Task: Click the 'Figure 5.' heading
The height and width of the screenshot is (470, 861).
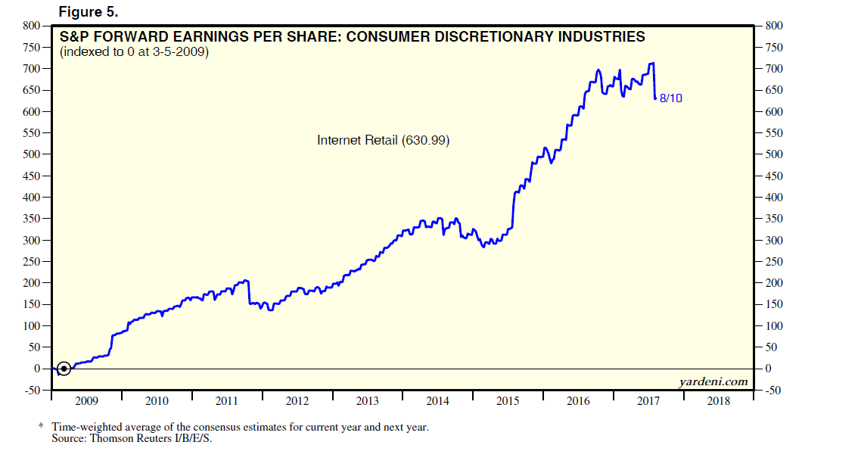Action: (x=88, y=12)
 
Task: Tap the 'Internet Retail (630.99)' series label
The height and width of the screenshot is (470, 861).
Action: (x=383, y=140)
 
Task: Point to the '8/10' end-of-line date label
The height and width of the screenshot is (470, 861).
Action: (x=670, y=98)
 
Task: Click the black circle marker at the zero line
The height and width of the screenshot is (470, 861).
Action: (x=64, y=369)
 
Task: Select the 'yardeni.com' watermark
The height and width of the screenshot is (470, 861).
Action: (x=713, y=381)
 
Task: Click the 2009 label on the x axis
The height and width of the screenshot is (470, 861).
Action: (x=86, y=401)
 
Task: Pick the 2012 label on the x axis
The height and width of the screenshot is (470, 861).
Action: (x=297, y=401)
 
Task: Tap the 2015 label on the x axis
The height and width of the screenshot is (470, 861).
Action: (x=508, y=401)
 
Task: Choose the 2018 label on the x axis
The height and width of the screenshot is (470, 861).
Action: (x=719, y=401)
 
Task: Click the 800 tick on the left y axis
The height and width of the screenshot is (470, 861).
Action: (x=31, y=26)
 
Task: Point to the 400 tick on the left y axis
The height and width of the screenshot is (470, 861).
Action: (x=31, y=198)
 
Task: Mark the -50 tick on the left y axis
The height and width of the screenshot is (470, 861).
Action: (x=31, y=391)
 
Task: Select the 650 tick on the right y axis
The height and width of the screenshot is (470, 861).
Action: (x=774, y=91)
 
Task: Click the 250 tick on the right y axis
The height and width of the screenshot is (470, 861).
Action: (x=774, y=262)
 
